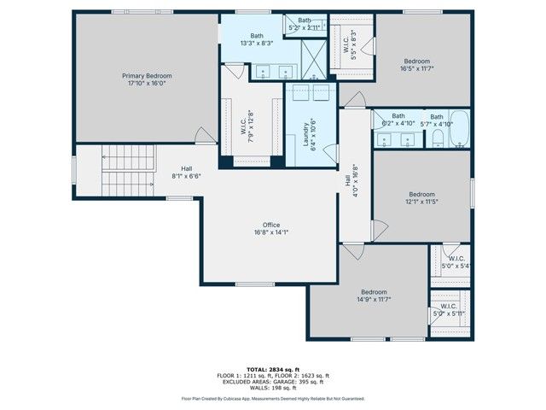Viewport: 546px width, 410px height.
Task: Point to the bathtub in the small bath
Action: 459,130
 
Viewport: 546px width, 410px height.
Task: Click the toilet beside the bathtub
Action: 435,139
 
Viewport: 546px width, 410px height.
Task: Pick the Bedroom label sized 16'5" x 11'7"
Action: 416,61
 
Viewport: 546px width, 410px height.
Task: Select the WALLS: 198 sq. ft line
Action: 273,386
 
